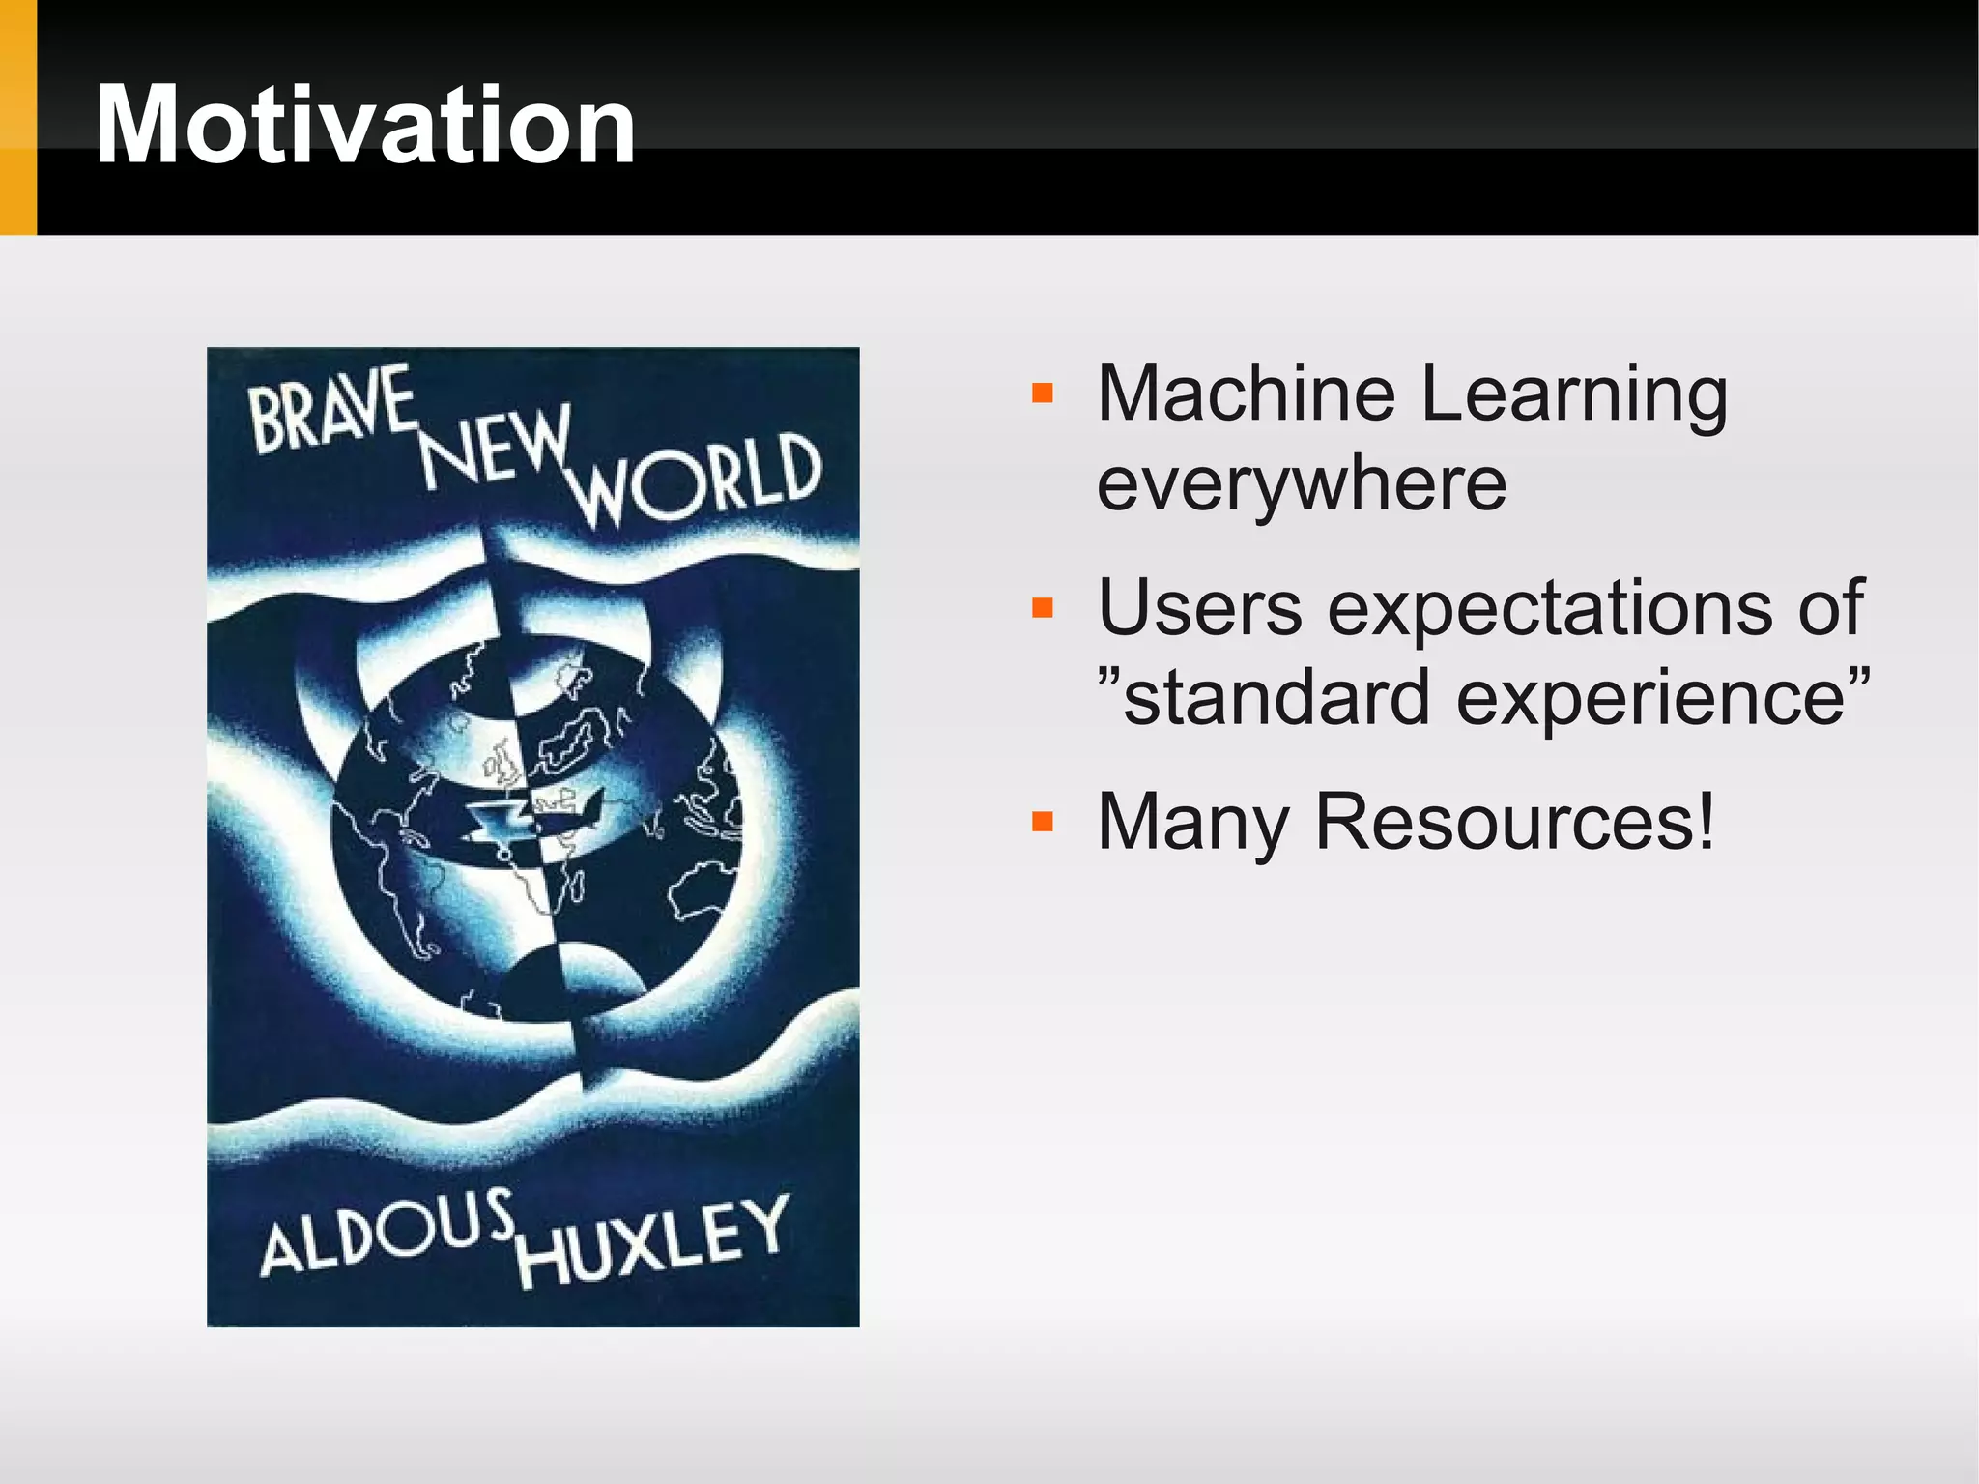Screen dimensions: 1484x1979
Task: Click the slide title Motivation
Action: [x=365, y=126]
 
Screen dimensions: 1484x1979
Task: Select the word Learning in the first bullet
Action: [x=1575, y=396]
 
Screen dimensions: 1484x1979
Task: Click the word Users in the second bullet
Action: [x=1200, y=608]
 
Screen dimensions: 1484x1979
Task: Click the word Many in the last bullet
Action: [x=1193, y=823]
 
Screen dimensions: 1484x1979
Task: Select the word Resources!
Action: [x=1515, y=822]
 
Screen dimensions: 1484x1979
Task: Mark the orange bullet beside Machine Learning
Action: [x=1042, y=393]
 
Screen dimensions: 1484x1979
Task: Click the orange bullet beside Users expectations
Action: [x=1042, y=608]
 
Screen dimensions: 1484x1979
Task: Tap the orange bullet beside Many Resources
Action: [x=1042, y=823]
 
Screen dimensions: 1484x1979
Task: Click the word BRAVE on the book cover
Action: [x=331, y=411]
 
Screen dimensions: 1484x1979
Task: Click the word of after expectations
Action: [x=1830, y=608]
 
